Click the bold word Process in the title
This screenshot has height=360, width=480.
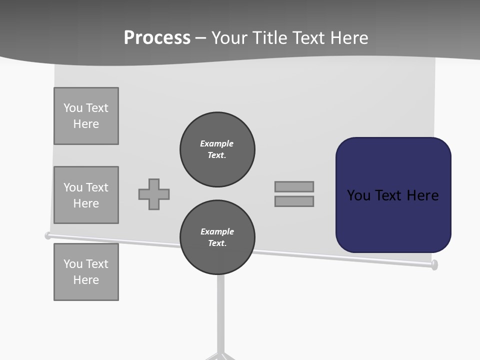157,38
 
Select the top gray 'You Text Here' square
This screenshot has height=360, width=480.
86,116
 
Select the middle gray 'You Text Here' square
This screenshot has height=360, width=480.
86,195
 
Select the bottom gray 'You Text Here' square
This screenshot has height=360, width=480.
86,272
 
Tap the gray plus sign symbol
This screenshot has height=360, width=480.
154,194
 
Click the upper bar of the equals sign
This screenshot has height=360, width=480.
294,186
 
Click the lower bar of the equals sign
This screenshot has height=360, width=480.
294,201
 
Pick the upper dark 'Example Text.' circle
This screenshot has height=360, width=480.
217,149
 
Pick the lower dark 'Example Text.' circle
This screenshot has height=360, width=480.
217,237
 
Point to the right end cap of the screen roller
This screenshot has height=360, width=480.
434,264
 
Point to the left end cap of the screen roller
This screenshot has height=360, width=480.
48,235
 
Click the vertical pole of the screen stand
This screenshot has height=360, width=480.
220,310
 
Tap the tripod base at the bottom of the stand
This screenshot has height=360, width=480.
220,355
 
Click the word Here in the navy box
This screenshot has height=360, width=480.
422,195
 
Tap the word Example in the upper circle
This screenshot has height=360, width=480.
216,143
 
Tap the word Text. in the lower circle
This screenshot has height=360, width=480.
217,243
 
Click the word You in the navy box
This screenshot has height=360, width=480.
358,195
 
